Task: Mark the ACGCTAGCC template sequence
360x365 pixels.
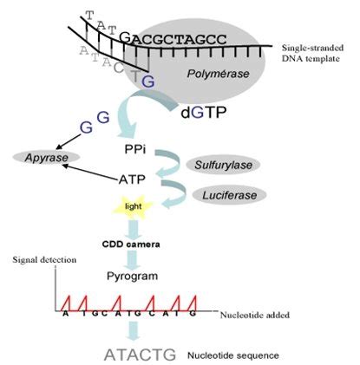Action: tap(178, 37)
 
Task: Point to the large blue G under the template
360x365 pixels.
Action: tap(148, 81)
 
